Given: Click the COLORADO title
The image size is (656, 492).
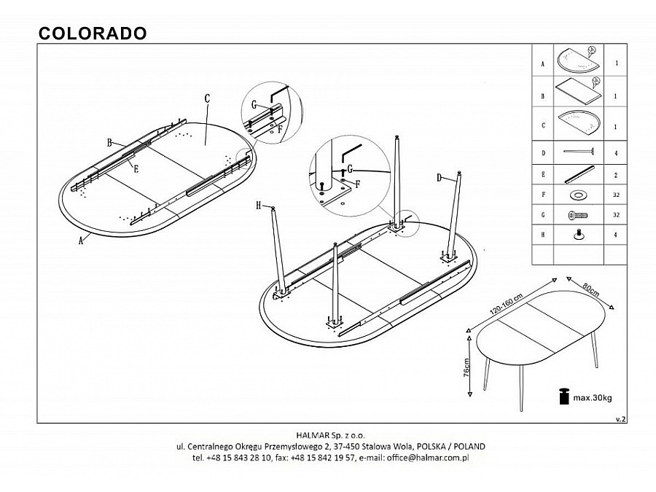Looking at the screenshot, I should tap(92, 33).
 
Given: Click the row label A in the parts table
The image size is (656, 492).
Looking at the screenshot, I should tap(543, 63).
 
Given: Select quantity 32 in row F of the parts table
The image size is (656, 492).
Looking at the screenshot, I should tap(617, 195).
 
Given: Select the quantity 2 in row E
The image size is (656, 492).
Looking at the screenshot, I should tap(617, 175).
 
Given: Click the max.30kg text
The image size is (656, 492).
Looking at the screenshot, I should tap(591, 397).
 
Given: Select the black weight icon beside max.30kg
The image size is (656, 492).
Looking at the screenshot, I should tap(563, 396).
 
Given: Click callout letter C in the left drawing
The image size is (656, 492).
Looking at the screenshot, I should tap(207, 98).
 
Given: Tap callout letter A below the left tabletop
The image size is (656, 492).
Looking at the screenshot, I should tap(81, 243).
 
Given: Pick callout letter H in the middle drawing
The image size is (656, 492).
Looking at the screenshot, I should tap(258, 206).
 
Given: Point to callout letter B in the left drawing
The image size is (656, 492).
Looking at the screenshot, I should tap(109, 143).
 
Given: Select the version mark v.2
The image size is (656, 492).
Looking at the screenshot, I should tap(620, 419).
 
